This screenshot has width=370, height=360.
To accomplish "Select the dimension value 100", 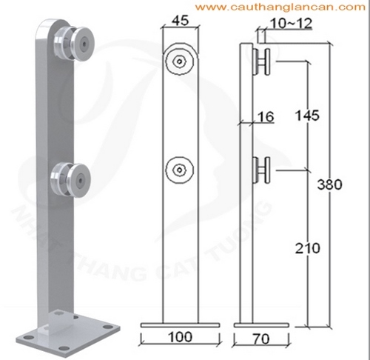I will (x=180, y=337).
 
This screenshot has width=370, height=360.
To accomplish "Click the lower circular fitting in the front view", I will (x=180, y=170).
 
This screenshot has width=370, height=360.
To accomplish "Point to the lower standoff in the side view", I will (x=263, y=170).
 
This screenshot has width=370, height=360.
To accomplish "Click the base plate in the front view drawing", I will (x=180, y=324).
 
